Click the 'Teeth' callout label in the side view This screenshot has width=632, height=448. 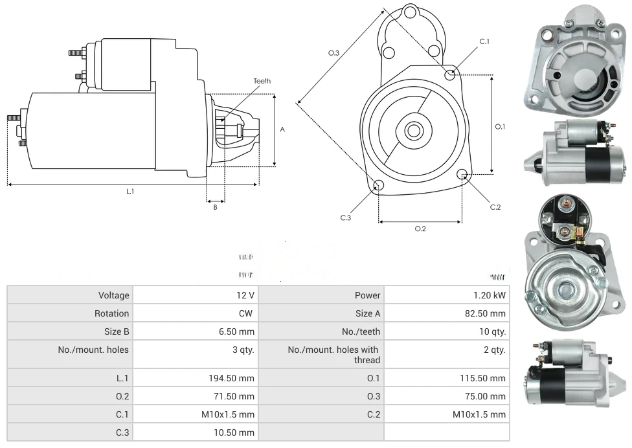click(262, 81)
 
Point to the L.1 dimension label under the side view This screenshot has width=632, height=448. click(130, 192)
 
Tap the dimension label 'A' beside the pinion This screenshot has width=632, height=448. click(282, 129)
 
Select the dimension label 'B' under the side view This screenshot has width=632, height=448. click(215, 207)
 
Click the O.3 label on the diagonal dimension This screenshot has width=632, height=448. click(333, 53)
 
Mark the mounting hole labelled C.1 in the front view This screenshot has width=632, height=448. click(450, 75)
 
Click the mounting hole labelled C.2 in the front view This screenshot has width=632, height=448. click(462, 174)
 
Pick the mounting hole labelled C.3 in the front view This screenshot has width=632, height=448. click(379, 186)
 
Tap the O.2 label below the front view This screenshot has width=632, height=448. click(420, 229)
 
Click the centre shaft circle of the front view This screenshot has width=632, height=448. click(413, 131)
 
